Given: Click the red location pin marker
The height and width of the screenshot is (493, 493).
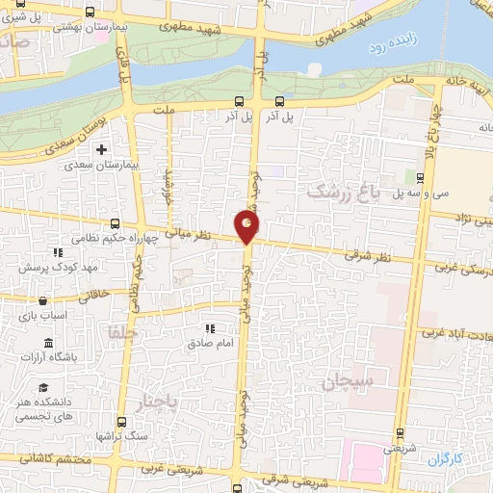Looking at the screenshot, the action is point(247,226).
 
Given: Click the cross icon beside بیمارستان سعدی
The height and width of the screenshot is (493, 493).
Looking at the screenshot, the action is point(102,149).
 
